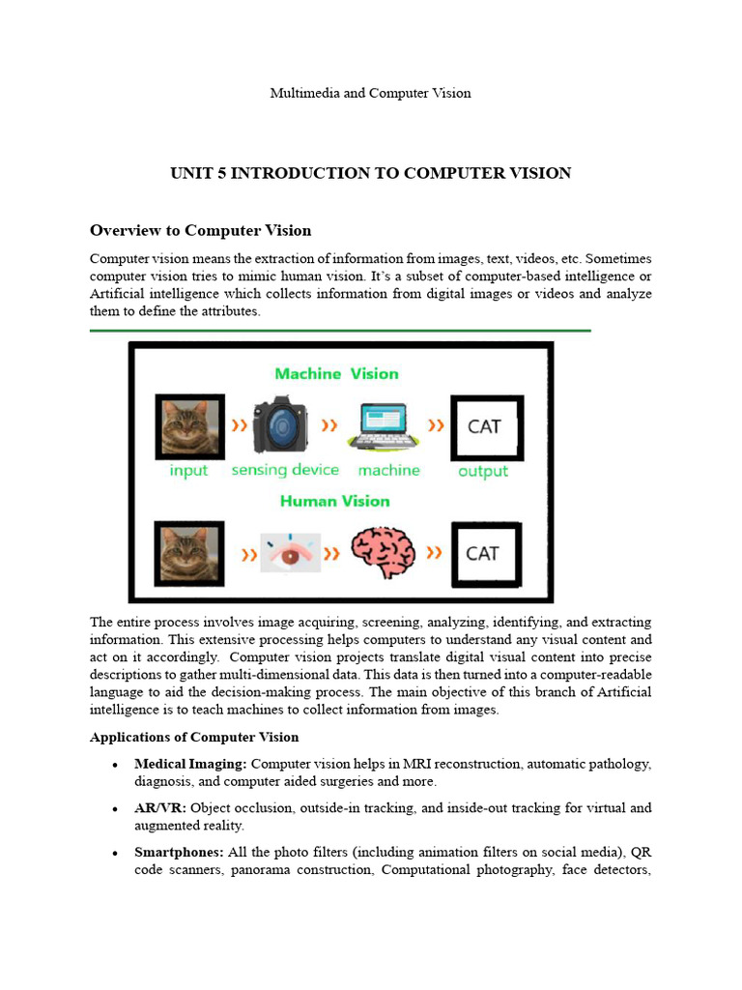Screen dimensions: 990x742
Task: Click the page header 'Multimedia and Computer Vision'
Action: [x=370, y=93]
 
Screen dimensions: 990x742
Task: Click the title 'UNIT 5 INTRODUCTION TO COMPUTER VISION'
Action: [x=370, y=173]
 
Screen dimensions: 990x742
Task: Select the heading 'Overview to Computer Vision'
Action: [x=200, y=230]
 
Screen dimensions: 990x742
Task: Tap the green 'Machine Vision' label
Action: [x=335, y=373]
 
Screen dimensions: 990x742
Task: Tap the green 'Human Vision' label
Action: [x=334, y=501]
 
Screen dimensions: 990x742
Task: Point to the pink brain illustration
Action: [x=384, y=553]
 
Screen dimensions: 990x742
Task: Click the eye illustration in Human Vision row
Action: [x=290, y=554]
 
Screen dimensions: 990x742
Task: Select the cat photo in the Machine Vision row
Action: [x=189, y=426]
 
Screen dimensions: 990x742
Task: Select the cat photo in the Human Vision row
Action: [x=189, y=554]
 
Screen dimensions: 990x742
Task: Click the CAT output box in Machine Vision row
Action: [x=486, y=426]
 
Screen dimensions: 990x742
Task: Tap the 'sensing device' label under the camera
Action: [x=285, y=470]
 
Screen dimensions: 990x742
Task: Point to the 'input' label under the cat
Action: [x=189, y=471]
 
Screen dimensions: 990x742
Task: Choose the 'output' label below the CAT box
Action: [x=482, y=472]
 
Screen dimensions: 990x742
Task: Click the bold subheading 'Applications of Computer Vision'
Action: [x=194, y=737]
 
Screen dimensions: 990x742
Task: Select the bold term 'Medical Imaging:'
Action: [x=190, y=764]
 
